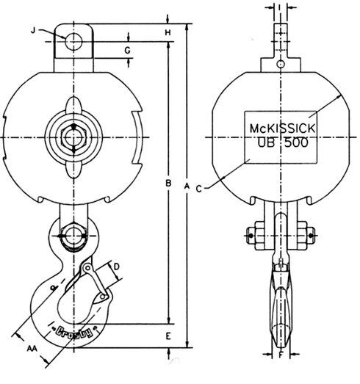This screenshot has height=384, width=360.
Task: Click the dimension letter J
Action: pyautogui.click(x=34, y=30)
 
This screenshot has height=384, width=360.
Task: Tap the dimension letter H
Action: pyautogui.click(x=168, y=32)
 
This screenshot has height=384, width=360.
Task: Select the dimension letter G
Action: pyautogui.click(x=127, y=51)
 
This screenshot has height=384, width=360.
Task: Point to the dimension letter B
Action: pyautogui.click(x=168, y=183)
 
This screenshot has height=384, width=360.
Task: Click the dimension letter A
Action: pyautogui.click(x=187, y=186)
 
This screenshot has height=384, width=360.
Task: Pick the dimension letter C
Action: pyautogui.click(x=199, y=189)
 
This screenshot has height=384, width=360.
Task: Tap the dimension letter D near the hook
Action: pyautogui.click(x=117, y=267)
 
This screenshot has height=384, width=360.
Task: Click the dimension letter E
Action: pyautogui.click(x=168, y=336)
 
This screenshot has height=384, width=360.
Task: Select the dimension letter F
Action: pyautogui.click(x=281, y=355)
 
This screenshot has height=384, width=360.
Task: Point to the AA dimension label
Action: pyautogui.click(x=32, y=348)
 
